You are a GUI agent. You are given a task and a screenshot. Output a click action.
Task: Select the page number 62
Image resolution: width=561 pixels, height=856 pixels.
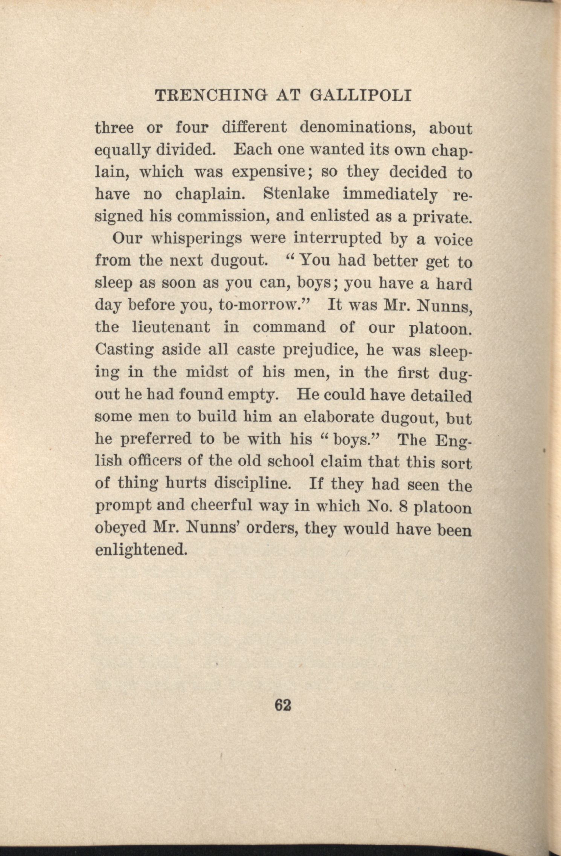pos(283,705)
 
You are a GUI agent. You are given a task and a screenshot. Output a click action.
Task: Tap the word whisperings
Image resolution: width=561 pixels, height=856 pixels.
pos(196,239)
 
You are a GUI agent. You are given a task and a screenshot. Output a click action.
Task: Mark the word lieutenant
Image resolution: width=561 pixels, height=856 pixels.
pos(171,327)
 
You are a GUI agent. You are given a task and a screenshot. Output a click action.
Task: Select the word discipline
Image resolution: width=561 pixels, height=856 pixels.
pos(252,483)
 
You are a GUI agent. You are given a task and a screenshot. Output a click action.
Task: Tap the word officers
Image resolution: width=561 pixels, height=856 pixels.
pos(154,461)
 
